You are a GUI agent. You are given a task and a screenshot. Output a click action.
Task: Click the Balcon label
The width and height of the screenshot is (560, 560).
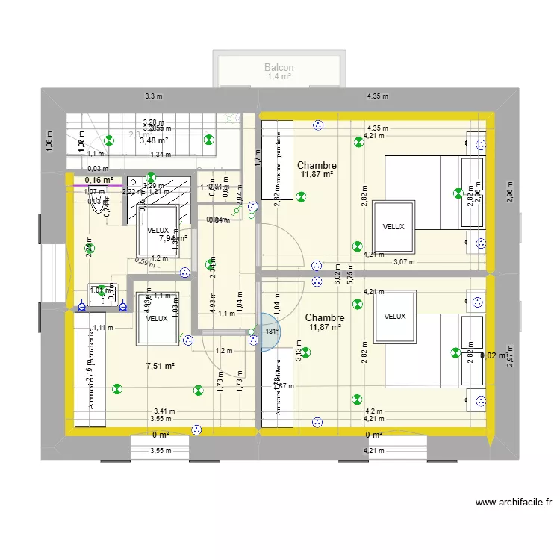point(279,67)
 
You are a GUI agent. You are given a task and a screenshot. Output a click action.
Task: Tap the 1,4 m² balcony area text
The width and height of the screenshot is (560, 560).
point(279,77)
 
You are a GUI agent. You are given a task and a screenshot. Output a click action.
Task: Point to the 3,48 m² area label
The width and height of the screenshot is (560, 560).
point(153,140)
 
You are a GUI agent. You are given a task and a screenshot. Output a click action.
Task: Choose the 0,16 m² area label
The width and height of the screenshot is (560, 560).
point(99,180)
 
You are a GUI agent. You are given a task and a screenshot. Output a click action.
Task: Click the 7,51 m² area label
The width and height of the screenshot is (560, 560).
point(160,366)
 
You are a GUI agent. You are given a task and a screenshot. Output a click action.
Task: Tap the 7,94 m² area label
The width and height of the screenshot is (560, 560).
point(172,238)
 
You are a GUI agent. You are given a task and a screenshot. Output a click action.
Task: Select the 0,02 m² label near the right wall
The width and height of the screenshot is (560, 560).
point(494,356)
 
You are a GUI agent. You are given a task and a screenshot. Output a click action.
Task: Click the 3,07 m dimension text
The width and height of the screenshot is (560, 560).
point(404,261)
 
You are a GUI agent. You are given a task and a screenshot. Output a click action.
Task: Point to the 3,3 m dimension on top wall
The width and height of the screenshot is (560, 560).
point(153,96)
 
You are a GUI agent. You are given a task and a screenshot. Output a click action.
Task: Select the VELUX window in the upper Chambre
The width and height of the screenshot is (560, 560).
point(393,226)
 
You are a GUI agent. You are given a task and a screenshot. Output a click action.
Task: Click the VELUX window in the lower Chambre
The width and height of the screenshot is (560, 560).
point(395,316)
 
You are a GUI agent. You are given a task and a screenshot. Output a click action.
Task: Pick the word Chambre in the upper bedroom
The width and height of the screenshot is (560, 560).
point(317,165)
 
